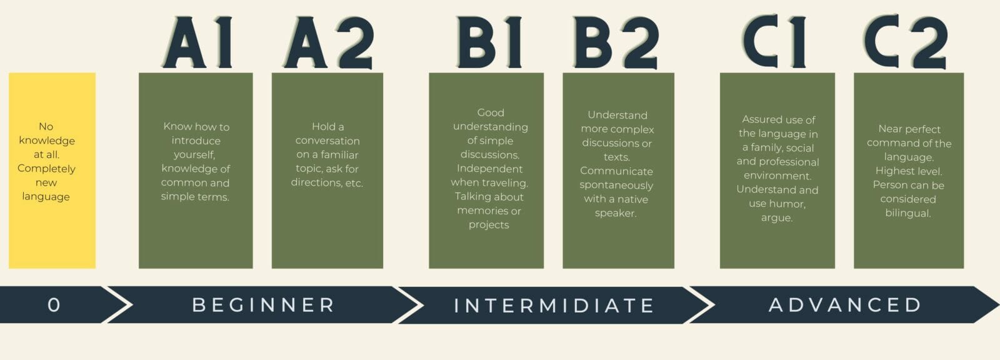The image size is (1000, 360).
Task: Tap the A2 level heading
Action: [x=329, y=42]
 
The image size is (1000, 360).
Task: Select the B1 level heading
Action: [x=490, y=42]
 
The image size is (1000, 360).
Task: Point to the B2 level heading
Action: [x=616, y=42]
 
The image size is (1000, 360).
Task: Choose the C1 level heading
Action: [x=774, y=41]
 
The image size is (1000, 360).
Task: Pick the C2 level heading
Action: [x=906, y=41]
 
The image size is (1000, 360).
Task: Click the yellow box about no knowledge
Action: [x=52, y=171]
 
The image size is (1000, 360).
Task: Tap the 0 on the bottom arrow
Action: [x=54, y=305]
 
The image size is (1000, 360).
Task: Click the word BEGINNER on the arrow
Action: [x=263, y=305]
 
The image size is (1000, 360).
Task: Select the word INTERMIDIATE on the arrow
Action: [x=554, y=306]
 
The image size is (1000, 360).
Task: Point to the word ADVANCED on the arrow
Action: [x=845, y=305]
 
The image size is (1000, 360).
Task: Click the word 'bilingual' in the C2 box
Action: [x=908, y=213]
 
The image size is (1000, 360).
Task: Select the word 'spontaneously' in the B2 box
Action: [x=616, y=186]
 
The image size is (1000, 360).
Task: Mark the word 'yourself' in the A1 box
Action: [x=194, y=155]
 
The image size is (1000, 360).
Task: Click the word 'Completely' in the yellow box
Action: [x=46, y=169]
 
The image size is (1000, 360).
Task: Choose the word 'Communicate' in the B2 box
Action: [x=616, y=171]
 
